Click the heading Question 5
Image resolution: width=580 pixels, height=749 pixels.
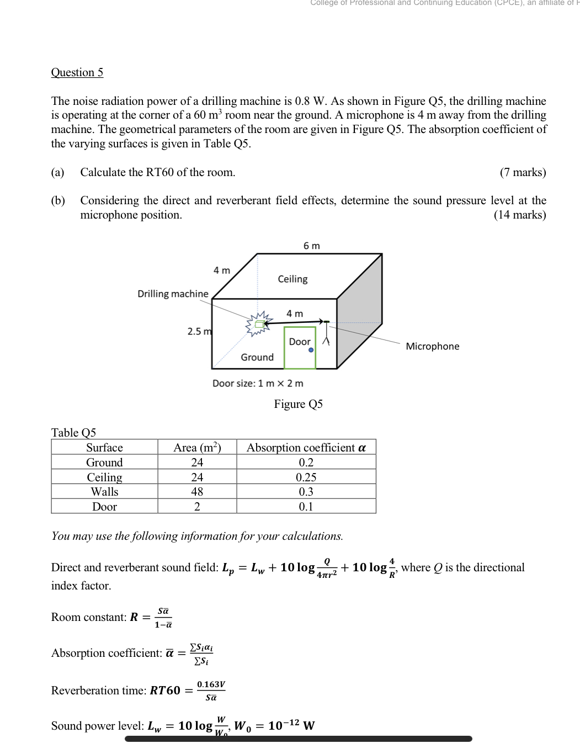[x=77, y=72]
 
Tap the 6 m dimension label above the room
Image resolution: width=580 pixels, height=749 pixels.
[x=312, y=246]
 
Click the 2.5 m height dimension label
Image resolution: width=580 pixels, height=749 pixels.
[x=199, y=331]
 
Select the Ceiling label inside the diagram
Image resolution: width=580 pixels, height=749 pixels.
[x=292, y=279]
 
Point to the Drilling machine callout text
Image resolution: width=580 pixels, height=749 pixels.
[x=173, y=294]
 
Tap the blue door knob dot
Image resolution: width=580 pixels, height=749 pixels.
[x=311, y=350]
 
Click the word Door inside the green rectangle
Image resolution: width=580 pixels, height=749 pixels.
[x=300, y=342]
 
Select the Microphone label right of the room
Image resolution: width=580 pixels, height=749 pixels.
[x=432, y=346]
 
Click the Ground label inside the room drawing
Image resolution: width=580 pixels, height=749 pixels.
[x=257, y=357]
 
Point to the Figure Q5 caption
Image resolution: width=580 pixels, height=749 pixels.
[x=298, y=404]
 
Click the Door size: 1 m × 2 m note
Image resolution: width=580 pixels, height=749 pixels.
[x=258, y=383]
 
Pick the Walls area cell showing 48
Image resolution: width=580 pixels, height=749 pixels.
[x=197, y=491]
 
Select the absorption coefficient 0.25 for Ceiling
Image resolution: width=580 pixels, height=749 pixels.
[x=306, y=477]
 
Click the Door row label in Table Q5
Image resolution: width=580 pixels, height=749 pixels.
[x=104, y=506]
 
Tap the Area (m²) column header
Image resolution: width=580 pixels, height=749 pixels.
[x=197, y=448]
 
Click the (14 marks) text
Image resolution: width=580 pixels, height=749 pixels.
[x=519, y=215]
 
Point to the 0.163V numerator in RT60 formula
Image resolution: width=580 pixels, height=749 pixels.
[x=211, y=684]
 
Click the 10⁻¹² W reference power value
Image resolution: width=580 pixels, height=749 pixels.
[x=291, y=725]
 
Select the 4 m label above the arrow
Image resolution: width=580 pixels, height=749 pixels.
[x=295, y=314]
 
